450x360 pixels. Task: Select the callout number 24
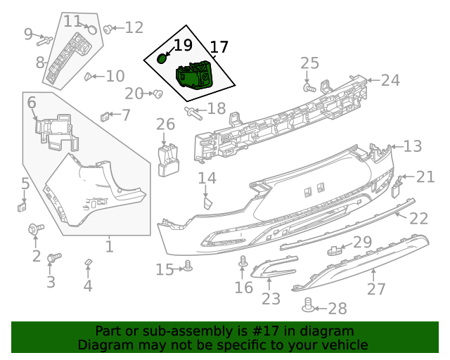(x=390, y=80)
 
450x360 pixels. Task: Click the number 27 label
(x=377, y=288)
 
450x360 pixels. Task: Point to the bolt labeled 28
(x=308, y=305)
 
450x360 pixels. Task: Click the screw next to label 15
(x=188, y=266)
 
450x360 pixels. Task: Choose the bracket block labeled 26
(x=168, y=158)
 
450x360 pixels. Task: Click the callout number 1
(x=109, y=247)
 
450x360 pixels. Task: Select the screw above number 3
(x=51, y=259)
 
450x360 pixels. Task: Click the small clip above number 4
(x=89, y=262)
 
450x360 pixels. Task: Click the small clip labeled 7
(x=106, y=115)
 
